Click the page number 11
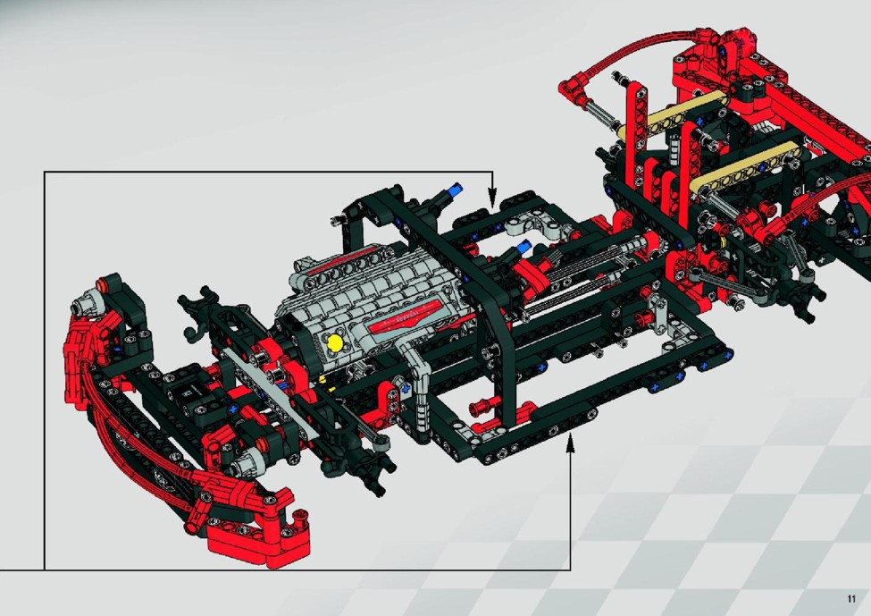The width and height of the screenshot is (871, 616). [851, 599]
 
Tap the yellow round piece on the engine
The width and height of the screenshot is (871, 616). [336, 342]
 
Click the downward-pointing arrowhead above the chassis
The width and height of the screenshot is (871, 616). [492, 198]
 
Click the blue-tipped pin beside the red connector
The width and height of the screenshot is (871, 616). [523, 248]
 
